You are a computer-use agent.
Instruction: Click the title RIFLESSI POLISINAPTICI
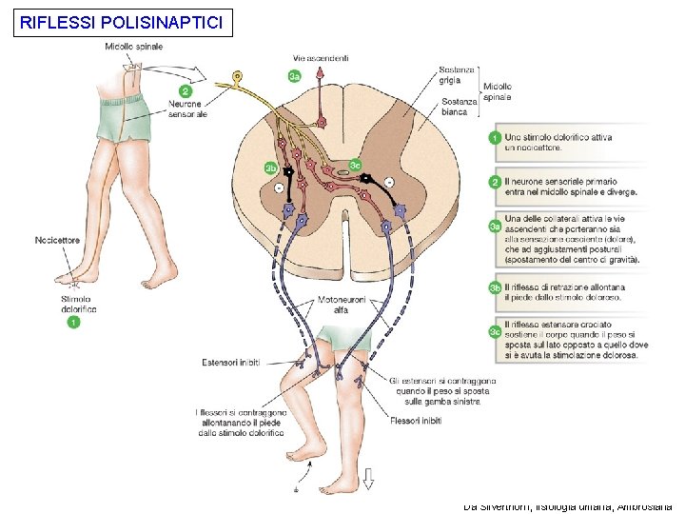coord(122,21)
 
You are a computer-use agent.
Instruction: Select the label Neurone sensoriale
coord(187,109)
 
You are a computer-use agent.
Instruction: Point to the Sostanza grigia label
coord(456,74)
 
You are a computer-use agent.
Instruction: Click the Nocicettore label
coord(58,240)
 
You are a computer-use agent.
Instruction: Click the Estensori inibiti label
coord(230,363)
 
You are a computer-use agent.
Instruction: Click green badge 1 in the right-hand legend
coord(495,138)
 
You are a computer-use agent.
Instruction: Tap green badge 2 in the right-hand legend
coord(495,182)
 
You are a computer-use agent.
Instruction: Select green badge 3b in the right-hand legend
coord(495,287)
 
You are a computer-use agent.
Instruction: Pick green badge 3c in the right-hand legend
coord(495,330)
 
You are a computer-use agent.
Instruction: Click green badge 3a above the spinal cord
coord(296,76)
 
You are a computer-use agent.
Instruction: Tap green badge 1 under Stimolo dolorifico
coord(74,322)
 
